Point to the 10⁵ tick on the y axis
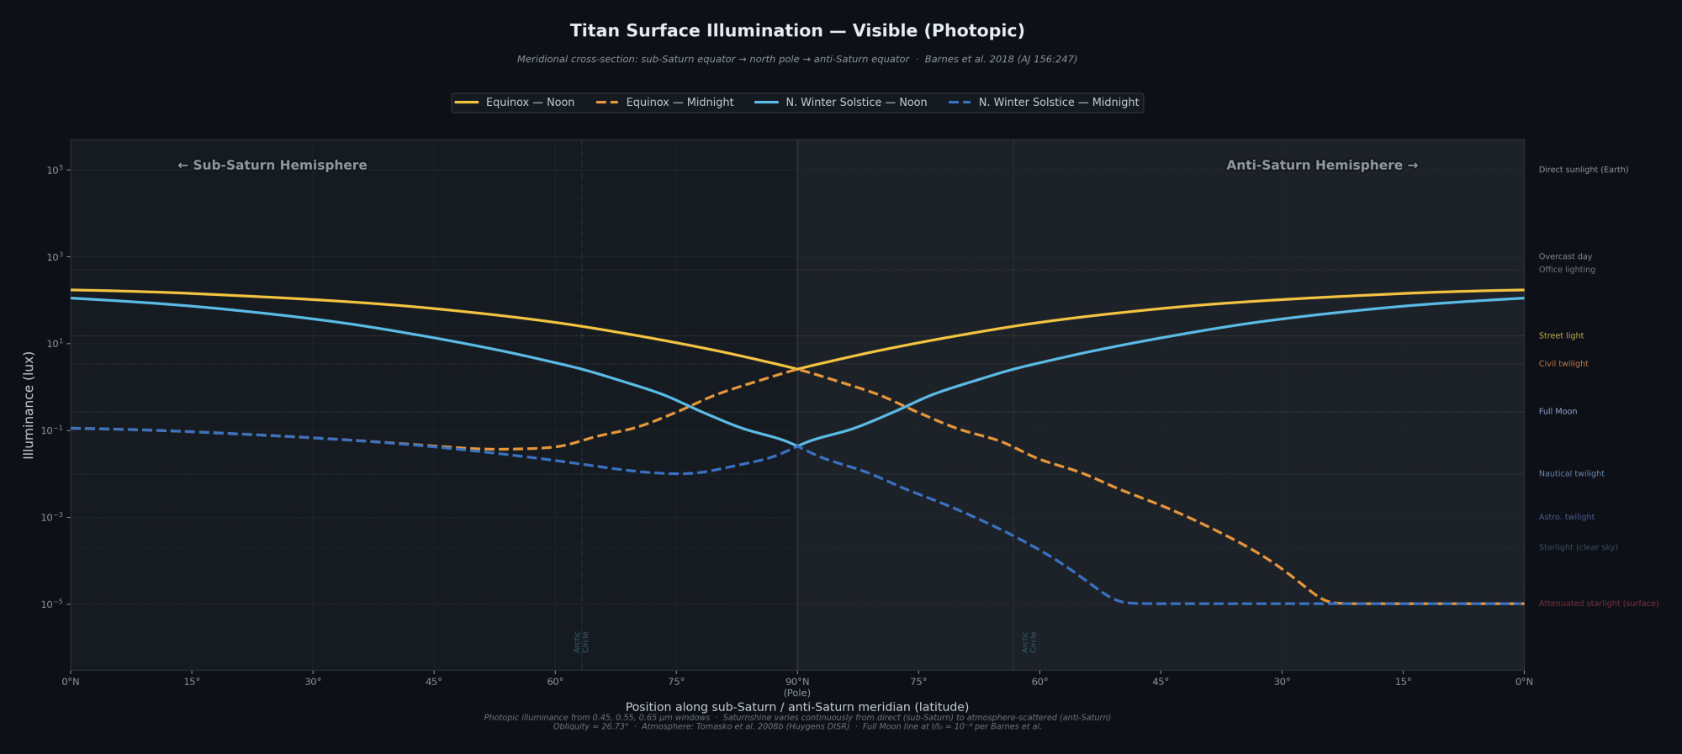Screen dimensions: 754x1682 (55, 170)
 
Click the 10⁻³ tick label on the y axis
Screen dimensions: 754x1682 (52, 517)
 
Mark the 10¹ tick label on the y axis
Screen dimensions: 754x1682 (55, 344)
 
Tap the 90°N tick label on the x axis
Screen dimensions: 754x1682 (797, 682)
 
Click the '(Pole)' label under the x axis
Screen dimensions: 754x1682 (797, 693)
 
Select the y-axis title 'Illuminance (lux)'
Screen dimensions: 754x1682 (29, 405)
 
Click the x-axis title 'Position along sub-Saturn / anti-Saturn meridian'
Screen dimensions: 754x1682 (796, 707)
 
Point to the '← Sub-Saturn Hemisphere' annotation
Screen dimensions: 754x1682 (272, 166)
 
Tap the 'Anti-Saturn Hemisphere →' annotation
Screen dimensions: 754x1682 (1321, 166)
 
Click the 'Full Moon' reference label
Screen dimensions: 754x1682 (1558, 412)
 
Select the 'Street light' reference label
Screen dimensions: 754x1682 (1561, 336)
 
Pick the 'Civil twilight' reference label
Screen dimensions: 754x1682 (1563, 364)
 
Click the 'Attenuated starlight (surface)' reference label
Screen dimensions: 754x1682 (1598, 604)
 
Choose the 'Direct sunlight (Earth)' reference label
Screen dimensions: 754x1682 (1583, 170)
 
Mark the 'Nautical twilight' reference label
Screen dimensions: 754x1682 (1571, 474)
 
